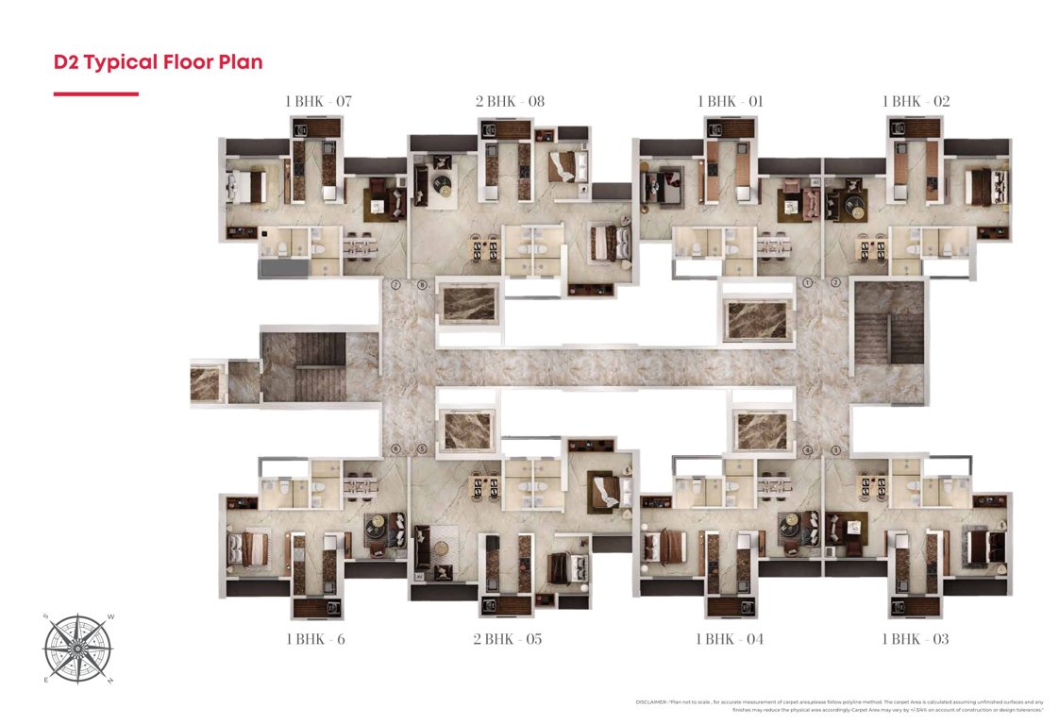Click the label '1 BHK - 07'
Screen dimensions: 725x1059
coord(318,101)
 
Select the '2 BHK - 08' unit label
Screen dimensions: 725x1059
coord(509,101)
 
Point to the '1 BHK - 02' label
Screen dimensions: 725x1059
coord(916,101)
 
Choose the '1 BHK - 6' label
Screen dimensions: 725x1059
coord(315,639)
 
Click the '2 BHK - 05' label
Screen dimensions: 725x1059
coord(508,639)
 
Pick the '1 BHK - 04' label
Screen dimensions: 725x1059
coord(729,639)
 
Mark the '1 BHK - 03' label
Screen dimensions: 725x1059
coord(915,639)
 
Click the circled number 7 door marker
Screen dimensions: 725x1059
coord(396,284)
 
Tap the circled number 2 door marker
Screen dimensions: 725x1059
coord(835,283)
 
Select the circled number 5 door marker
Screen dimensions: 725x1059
coord(422,449)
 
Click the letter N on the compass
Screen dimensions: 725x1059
coord(110,680)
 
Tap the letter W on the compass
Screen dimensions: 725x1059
coord(110,617)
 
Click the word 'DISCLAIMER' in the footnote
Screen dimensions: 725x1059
coord(655,702)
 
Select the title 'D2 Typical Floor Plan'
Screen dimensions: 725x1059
coord(158,62)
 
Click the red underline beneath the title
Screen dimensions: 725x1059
coord(96,93)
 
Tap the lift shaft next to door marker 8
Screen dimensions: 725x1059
coord(470,303)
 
